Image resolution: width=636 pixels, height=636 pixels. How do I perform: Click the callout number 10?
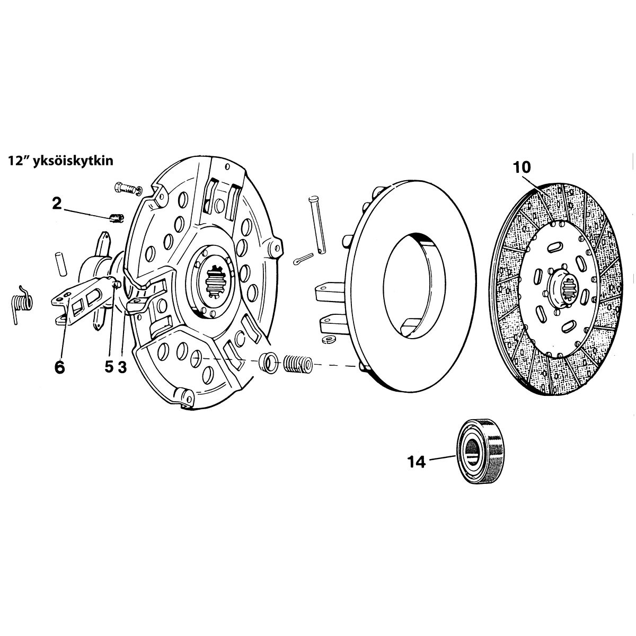tap(522, 167)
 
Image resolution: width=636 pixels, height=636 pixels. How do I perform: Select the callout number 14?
tap(417, 462)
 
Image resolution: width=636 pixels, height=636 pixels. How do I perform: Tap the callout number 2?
tap(57, 204)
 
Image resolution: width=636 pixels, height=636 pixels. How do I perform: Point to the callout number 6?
tap(59, 367)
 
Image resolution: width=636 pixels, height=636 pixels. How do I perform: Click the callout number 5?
tap(109, 367)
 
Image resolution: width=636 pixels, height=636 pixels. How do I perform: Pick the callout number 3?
tap(122, 367)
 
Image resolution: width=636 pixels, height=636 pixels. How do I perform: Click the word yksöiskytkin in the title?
tap(73, 161)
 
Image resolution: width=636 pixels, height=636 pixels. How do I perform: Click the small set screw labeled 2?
tap(116, 218)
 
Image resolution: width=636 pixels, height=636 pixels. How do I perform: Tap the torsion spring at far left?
tap(22, 304)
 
